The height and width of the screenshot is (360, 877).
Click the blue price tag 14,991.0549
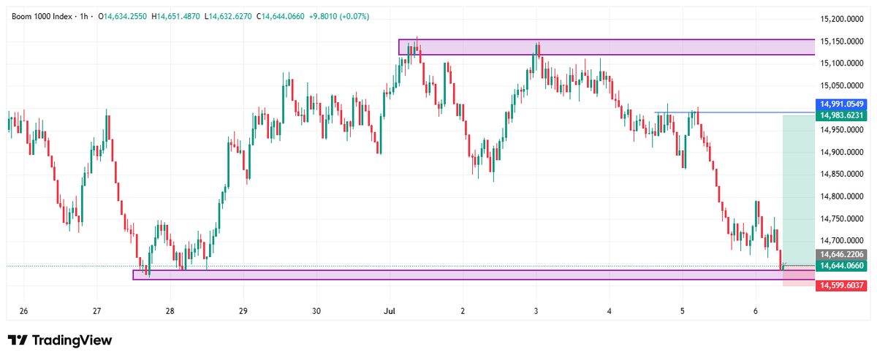coord(841,104)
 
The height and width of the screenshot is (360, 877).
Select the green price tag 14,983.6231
coord(841,115)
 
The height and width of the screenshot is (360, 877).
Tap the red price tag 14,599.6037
coord(841,286)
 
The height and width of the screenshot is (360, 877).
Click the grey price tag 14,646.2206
coord(841,254)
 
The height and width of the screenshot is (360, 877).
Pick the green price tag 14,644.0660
coord(841,266)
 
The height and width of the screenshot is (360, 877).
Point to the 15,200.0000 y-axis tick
coord(842,19)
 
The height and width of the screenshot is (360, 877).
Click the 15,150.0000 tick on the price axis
coord(842,41)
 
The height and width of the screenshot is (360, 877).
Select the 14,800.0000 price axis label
coord(842,196)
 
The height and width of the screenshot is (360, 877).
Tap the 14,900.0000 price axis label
coord(842,152)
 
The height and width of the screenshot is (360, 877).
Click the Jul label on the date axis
coord(390,311)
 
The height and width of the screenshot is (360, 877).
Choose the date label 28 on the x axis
coord(170,311)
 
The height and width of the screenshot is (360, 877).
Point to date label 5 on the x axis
coord(683,311)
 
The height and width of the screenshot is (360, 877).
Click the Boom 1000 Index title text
coord(42,17)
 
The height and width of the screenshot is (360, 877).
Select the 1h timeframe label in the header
coord(84,17)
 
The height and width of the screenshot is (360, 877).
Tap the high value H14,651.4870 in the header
coord(176,17)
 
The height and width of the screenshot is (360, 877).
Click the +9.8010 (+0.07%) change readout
coord(339,17)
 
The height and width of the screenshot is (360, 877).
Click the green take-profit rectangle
coord(799,191)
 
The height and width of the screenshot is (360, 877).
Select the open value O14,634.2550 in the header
coord(123,17)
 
